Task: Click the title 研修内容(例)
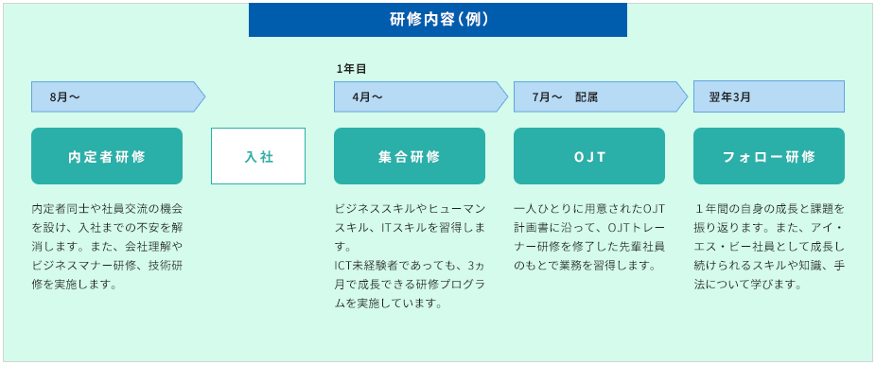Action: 438,19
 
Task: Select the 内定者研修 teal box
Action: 107,156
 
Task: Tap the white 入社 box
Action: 258,156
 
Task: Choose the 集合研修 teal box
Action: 410,156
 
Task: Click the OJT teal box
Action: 589,156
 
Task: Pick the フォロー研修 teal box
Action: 769,156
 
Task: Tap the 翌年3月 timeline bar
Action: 769,96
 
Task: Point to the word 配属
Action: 587,96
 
